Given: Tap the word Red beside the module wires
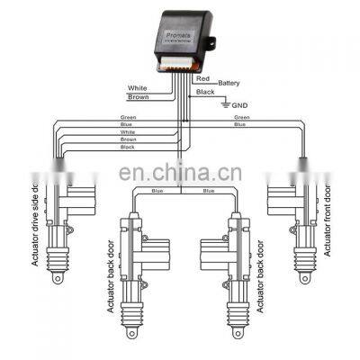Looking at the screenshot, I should (203, 79).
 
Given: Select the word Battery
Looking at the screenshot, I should (228, 84).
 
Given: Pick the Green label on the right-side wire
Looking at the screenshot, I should (242, 117).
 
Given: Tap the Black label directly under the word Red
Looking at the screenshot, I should (205, 92).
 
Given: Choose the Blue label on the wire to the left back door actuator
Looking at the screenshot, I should (157, 191).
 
